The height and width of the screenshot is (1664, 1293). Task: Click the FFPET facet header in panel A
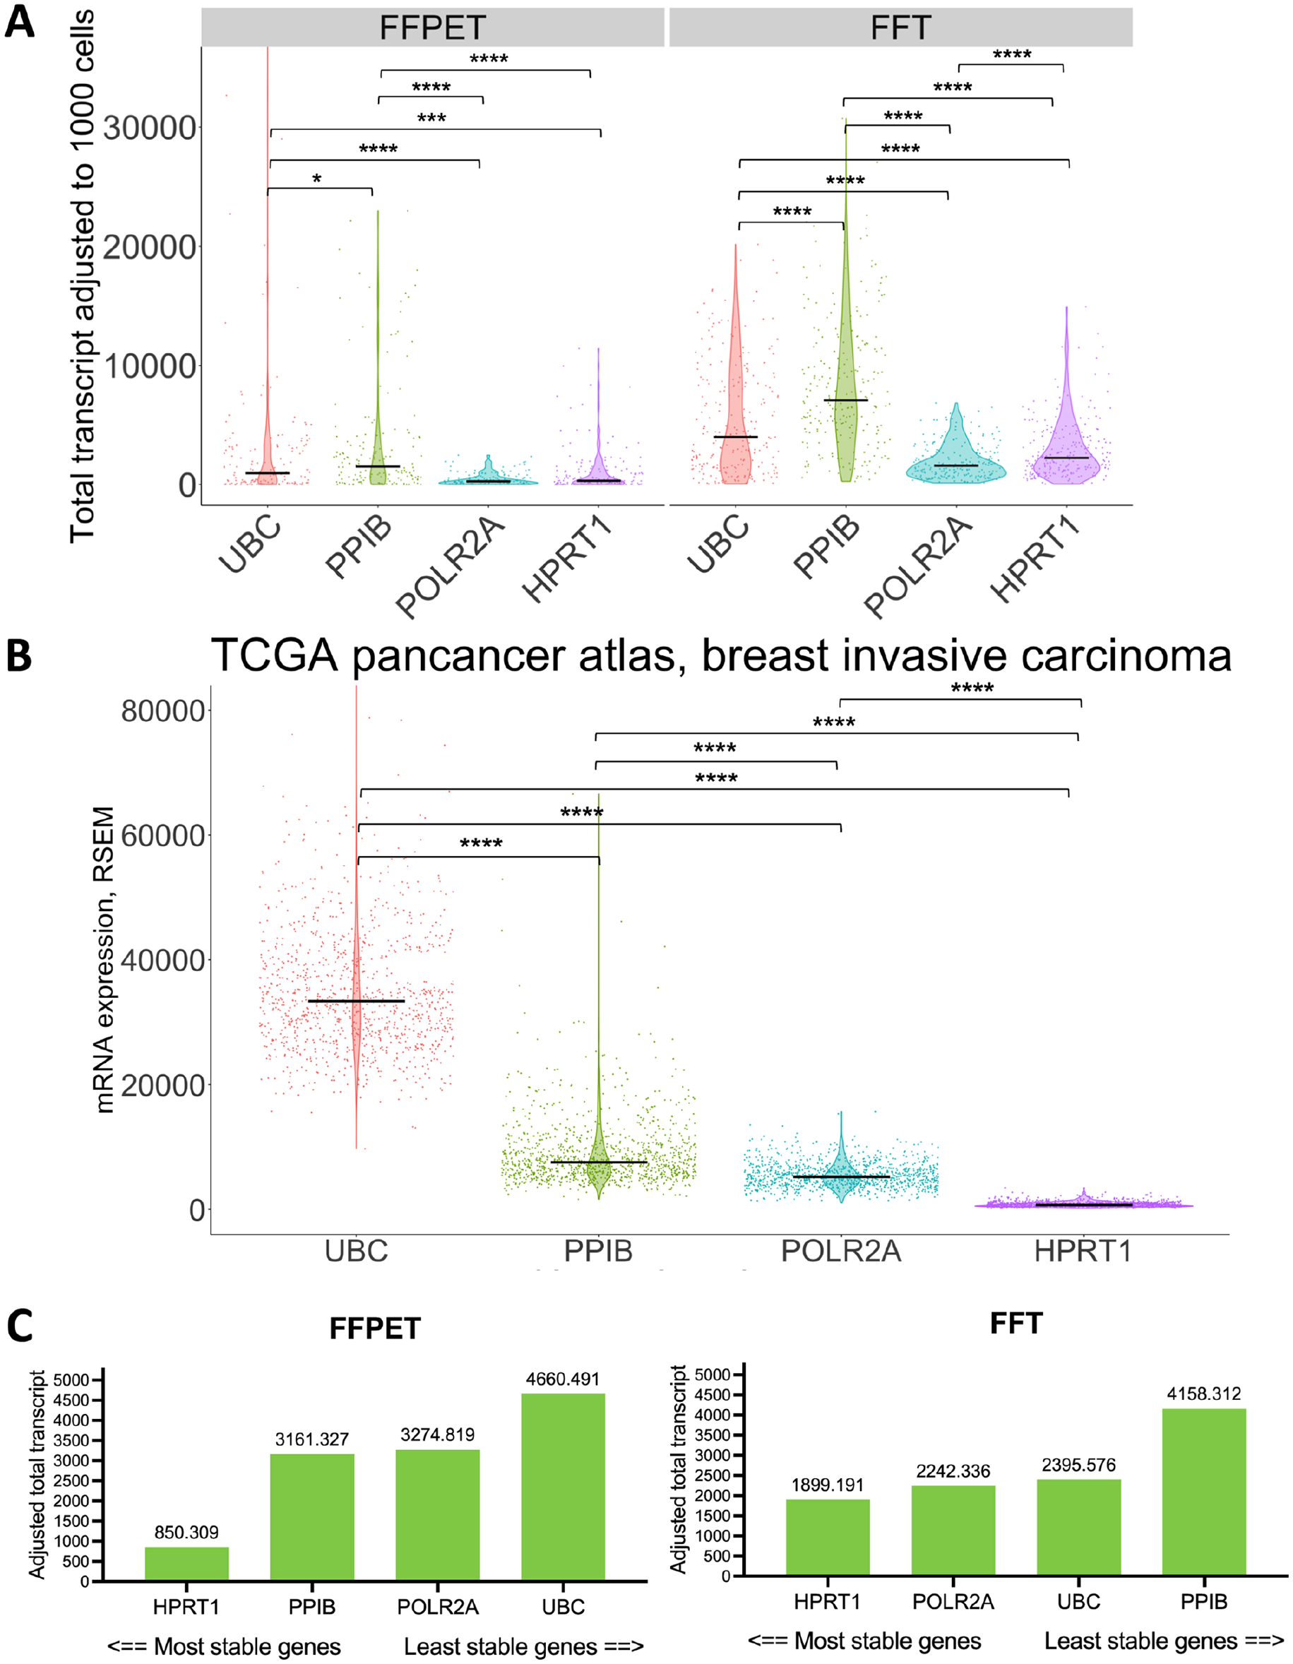pos(433,28)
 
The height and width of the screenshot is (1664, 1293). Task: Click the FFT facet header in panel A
pos(900,28)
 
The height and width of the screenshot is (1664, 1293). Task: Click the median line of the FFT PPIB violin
pos(846,400)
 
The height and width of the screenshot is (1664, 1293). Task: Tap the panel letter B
pos(19,656)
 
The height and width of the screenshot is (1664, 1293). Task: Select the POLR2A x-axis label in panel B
pos(841,1251)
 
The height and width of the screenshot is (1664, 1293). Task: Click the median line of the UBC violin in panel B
pos(356,1000)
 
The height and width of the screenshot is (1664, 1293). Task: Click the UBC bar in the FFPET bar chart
pos(563,1487)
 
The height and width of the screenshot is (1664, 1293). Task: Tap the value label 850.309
pos(186,1532)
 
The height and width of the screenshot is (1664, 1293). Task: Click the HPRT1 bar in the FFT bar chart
pos(828,1537)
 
